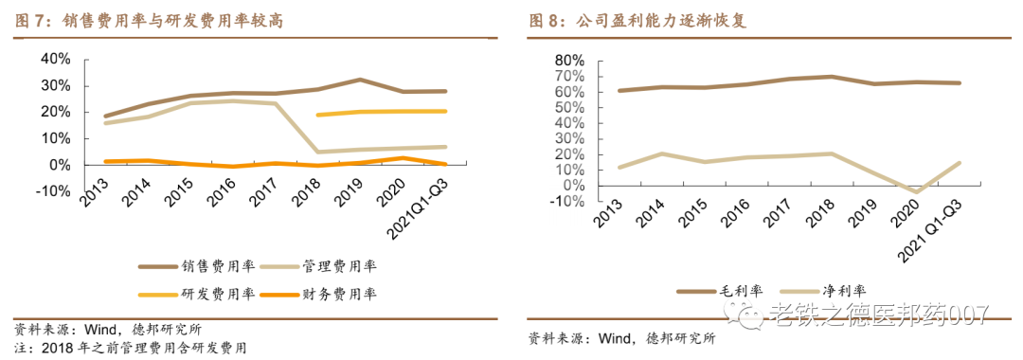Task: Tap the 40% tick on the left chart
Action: point(55,59)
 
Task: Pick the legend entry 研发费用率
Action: point(199,294)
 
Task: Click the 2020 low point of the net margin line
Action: point(915,192)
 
